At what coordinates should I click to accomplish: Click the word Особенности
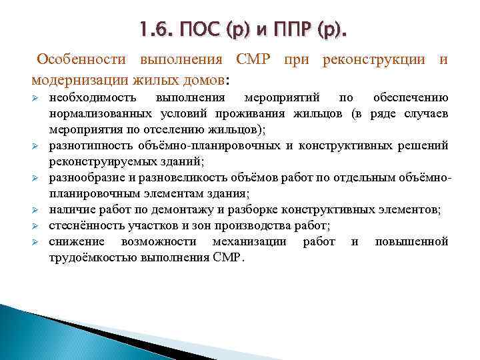[81, 59]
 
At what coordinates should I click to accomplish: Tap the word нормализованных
[97, 114]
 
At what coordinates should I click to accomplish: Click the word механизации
[249, 241]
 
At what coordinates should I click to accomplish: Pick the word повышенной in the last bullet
[411, 241]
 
